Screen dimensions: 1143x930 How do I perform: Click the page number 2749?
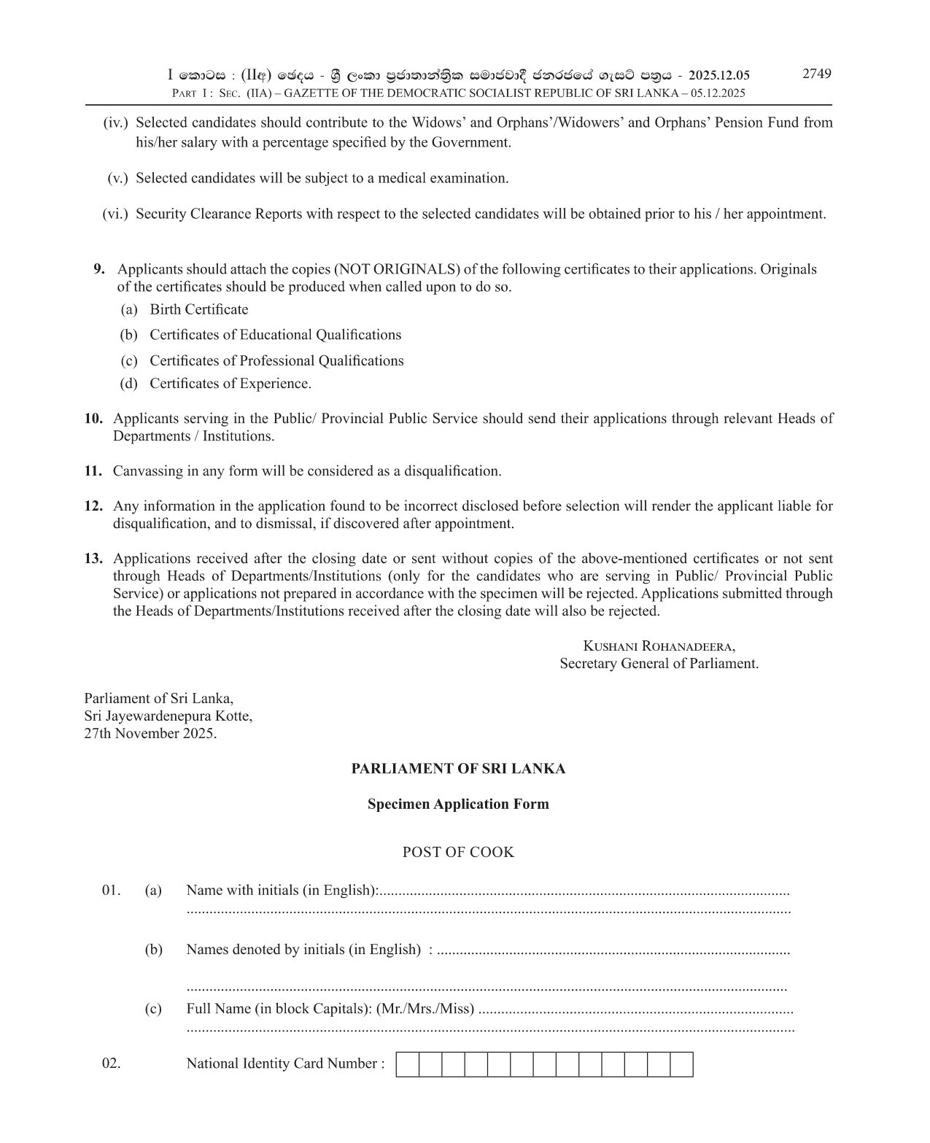[816, 74]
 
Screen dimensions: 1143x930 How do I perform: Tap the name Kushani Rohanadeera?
[659, 646]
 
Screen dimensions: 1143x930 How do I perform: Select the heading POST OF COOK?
[458, 852]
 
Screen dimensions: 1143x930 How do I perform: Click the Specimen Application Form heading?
[458, 804]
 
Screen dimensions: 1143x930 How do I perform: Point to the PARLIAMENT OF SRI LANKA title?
[458, 769]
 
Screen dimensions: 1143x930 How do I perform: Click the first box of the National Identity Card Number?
[408, 1065]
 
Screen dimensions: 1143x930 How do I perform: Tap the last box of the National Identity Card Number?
[681, 1065]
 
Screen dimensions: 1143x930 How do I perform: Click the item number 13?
[93, 559]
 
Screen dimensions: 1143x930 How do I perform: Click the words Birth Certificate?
[198, 309]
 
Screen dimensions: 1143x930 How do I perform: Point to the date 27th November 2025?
[150, 733]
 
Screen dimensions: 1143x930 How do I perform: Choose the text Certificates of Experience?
[230, 384]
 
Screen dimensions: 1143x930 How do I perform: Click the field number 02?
[111, 1063]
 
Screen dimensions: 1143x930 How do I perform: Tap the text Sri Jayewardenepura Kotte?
[168, 716]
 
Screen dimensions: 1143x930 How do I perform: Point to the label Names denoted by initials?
[267, 950]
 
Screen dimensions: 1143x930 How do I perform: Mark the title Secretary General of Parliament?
[659, 664]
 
